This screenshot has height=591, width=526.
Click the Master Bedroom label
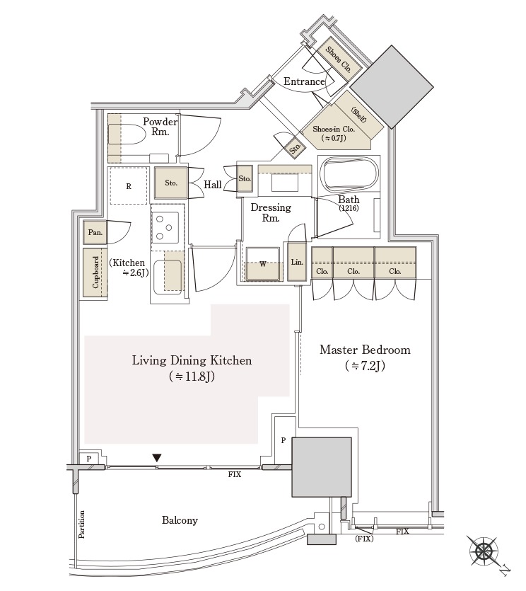pyautogui.click(x=365, y=350)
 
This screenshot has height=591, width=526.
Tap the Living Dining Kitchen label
pyautogui.click(x=192, y=360)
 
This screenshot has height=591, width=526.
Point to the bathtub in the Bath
pyautogui.click(x=349, y=175)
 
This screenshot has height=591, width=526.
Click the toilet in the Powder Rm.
pyautogui.click(x=127, y=134)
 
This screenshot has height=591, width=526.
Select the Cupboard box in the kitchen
pyautogui.click(x=95, y=272)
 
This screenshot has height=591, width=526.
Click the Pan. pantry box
pyautogui.click(x=95, y=232)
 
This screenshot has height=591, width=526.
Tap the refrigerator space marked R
pyautogui.click(x=129, y=186)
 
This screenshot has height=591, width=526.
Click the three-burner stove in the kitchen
pyautogui.click(x=165, y=227)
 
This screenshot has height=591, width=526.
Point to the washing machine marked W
pyautogui.click(x=263, y=264)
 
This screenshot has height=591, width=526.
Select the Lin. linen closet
pyautogui.click(x=297, y=262)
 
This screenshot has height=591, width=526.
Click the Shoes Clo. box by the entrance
pyautogui.click(x=338, y=59)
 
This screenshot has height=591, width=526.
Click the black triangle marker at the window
pyautogui.click(x=157, y=458)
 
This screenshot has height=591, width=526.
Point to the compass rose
pyautogui.click(x=483, y=551)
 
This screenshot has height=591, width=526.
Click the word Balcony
pyautogui.click(x=180, y=520)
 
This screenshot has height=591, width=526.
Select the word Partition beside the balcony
pyautogui.click(x=82, y=524)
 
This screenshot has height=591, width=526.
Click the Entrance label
pyautogui.click(x=304, y=81)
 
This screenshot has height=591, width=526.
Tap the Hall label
pyautogui.click(x=213, y=185)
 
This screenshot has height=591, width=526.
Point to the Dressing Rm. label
pyautogui.click(x=271, y=212)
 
